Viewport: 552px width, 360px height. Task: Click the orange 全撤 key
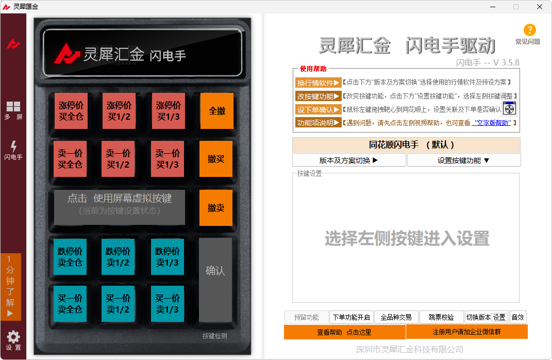point(216,111)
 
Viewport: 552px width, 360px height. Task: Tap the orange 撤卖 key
point(216,208)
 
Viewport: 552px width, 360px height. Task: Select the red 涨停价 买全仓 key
point(71,111)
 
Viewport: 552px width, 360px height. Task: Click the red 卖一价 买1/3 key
point(168,159)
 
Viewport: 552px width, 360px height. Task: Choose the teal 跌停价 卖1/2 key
point(118,257)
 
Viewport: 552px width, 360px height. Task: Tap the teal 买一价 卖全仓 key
point(70,304)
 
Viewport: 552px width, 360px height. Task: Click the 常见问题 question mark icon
point(529,30)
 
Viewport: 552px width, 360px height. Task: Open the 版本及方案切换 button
point(349,160)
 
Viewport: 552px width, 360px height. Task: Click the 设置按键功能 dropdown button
point(463,160)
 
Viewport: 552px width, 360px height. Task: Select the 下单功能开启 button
point(351,317)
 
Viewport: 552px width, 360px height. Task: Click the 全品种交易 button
point(396,317)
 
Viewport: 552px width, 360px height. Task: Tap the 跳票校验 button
point(441,317)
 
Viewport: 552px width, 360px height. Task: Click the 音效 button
point(517,317)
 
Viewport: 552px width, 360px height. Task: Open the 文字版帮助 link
point(492,123)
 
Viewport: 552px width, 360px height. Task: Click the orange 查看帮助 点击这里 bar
point(344,332)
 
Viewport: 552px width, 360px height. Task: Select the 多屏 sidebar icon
point(13,110)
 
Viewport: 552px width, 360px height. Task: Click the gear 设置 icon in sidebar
point(13,339)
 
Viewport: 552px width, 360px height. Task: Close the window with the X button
point(539,7)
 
